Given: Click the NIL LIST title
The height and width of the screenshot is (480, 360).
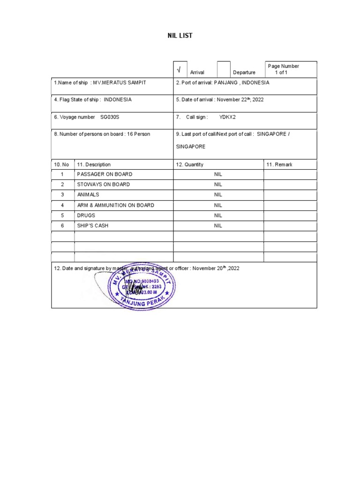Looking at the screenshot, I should [180, 36].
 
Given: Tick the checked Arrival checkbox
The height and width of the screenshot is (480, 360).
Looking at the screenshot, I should [179, 70].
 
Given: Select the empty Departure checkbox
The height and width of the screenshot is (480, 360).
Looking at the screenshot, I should [224, 69].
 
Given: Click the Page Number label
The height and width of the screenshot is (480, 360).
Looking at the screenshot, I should [283, 66].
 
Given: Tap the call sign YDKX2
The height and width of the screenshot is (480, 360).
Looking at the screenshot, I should [227, 117].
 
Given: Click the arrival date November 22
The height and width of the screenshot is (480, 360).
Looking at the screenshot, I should [233, 99].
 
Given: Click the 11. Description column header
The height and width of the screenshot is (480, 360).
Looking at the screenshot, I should [94, 165].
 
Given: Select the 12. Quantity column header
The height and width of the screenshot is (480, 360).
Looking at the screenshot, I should [190, 165].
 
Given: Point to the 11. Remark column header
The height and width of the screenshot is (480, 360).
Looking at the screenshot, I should [279, 165].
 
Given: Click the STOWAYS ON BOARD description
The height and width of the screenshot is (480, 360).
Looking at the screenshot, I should [103, 184].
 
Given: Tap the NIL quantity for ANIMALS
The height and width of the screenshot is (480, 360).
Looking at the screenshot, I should [218, 195].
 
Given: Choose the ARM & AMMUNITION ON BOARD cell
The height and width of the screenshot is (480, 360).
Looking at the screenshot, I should [115, 205].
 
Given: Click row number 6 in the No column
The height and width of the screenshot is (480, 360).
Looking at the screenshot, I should [62, 225].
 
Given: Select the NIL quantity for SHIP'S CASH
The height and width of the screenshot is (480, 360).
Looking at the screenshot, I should [218, 225].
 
